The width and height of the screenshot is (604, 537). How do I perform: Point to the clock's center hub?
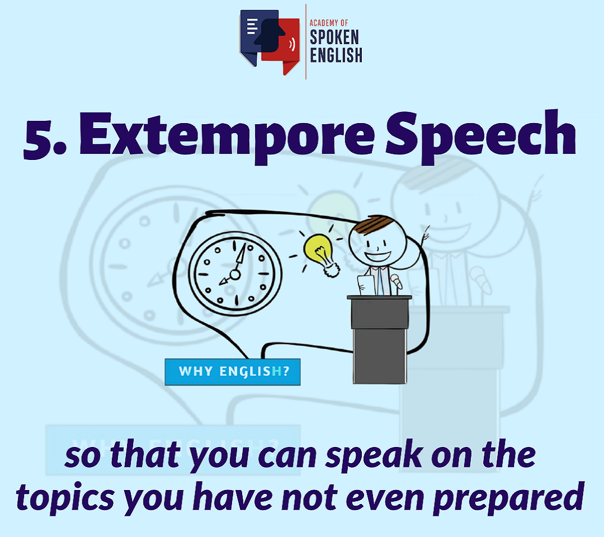coord(235,275)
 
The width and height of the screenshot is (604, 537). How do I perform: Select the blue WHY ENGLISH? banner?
coord(232,372)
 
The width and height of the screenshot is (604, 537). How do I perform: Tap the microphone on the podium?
coord(397,281)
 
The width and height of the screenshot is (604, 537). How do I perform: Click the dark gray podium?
coord(379,340)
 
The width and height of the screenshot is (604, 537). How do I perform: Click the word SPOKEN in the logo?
coord(334,37)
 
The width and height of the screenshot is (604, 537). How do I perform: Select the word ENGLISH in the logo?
coord(336,55)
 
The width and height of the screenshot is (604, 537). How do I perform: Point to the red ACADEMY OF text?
coord(329,23)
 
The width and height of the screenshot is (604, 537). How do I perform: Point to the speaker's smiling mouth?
coord(378,257)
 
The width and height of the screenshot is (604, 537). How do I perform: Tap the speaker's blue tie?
coord(381,281)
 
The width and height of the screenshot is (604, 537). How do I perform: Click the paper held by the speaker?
coord(366,285)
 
